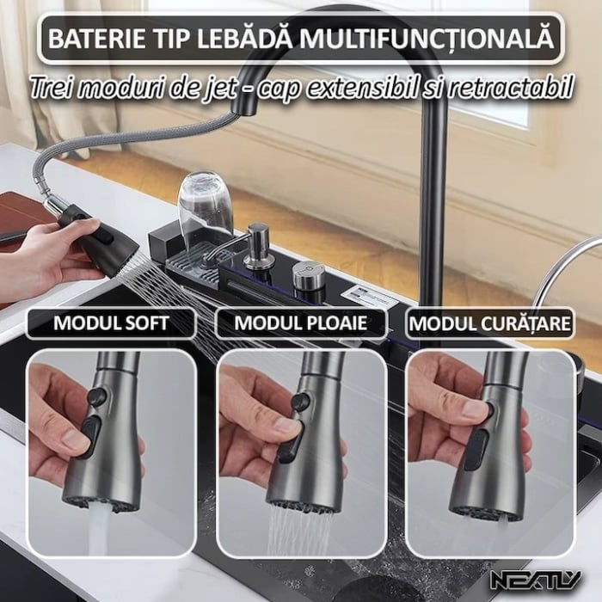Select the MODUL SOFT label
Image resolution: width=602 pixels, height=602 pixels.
point(111,324)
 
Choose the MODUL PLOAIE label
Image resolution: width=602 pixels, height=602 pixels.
point(300,324)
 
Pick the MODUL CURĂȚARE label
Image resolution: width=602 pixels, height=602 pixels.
point(489,324)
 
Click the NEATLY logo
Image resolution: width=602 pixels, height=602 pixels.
point(535,580)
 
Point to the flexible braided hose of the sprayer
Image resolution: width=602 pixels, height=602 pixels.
point(112,146)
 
